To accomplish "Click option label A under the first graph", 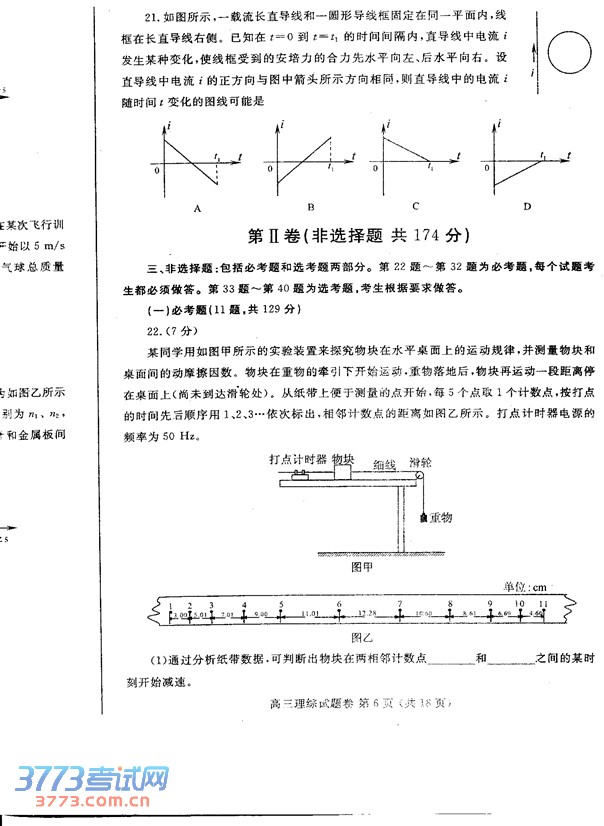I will point(198,207).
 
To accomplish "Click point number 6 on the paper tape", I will point(339,605).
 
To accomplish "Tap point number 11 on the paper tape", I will point(543,605).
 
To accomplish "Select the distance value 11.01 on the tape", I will point(310,614).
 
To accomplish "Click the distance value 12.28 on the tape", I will point(367,613).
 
